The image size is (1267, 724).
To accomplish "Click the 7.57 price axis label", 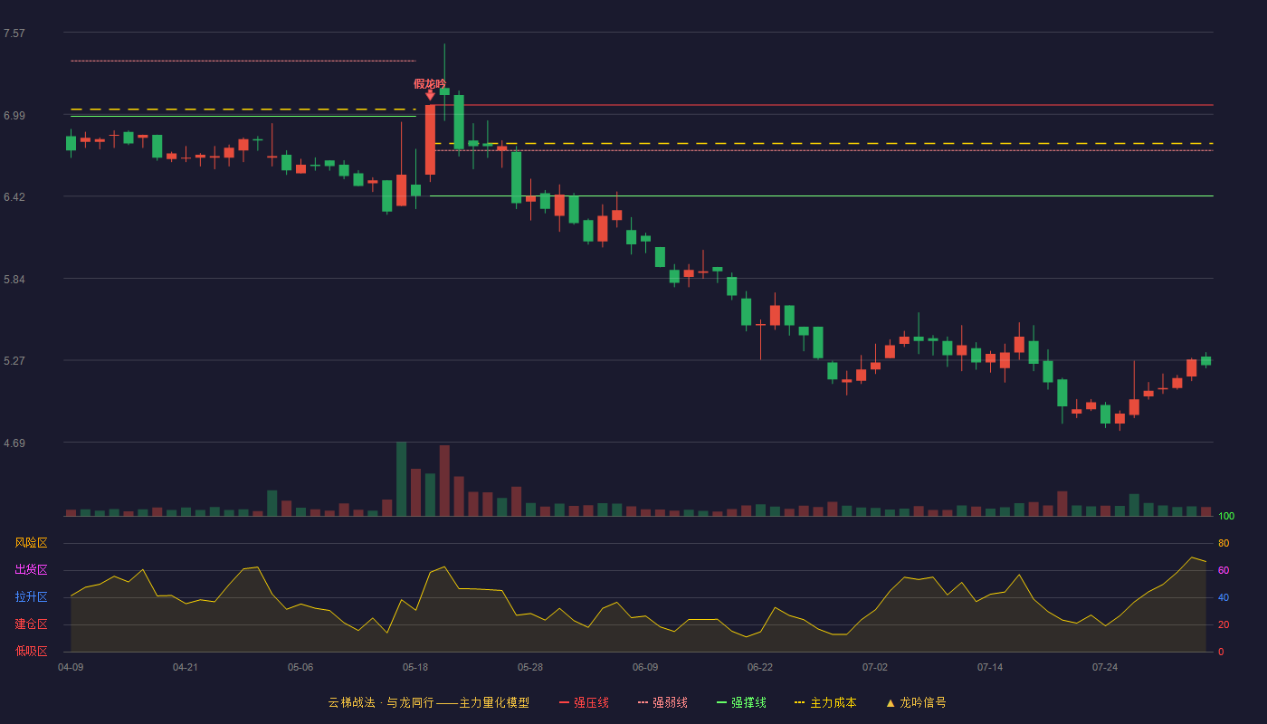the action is pos(14,33).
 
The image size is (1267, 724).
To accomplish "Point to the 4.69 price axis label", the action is pos(14,443).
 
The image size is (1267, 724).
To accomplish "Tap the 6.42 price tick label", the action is pos(14,197).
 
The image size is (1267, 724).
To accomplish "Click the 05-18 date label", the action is pos(415,668).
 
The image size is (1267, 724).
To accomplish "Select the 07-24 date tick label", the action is pos(1105,668).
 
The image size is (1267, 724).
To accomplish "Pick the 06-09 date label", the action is pos(644,668).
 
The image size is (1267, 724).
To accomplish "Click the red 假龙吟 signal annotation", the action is pos(430,84).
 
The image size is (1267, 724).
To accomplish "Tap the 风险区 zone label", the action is pos(31,543).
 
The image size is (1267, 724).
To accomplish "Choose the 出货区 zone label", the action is pos(31,569).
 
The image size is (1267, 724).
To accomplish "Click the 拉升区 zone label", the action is pos(31,596).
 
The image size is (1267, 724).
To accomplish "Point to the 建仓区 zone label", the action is pos(31,624).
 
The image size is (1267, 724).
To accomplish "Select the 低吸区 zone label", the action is pos(31,651).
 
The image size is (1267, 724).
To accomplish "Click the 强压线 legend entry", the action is pos(584,702).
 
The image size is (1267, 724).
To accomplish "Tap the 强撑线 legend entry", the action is pos(741,702).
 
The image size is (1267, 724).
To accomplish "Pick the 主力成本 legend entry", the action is pos(825,702).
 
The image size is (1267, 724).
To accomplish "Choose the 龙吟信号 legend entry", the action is pos(916,702).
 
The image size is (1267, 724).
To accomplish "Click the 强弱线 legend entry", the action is pos(662,702).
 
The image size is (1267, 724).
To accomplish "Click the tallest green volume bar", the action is pos(401,479).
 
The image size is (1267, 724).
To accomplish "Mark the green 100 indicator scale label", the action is pos(1226,516).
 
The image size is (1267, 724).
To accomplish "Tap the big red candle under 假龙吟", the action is pos(430,139).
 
